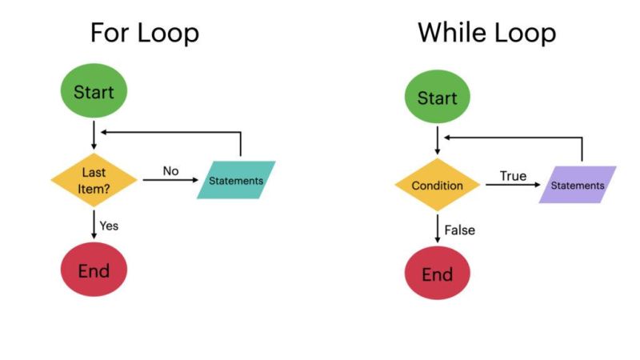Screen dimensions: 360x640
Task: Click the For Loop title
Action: click(x=145, y=33)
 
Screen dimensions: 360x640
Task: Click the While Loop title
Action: click(x=486, y=33)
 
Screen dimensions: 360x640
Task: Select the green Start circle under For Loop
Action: click(x=94, y=91)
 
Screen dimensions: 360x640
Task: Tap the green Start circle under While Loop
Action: click(x=437, y=98)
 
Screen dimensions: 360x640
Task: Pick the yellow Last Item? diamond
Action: click(x=95, y=180)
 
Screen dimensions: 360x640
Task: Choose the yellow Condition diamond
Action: click(x=437, y=186)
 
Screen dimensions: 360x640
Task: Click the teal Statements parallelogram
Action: click(x=236, y=180)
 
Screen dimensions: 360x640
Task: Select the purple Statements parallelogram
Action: click(x=578, y=185)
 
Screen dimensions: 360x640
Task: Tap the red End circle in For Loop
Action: click(x=94, y=270)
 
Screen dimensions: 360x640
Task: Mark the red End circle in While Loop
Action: click(x=437, y=274)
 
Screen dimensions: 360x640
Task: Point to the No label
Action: click(x=171, y=170)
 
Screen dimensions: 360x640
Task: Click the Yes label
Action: click(x=109, y=226)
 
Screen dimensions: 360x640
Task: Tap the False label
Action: click(x=459, y=230)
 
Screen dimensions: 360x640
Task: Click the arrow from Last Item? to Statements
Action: click(x=171, y=181)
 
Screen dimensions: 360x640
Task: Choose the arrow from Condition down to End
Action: click(x=437, y=230)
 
